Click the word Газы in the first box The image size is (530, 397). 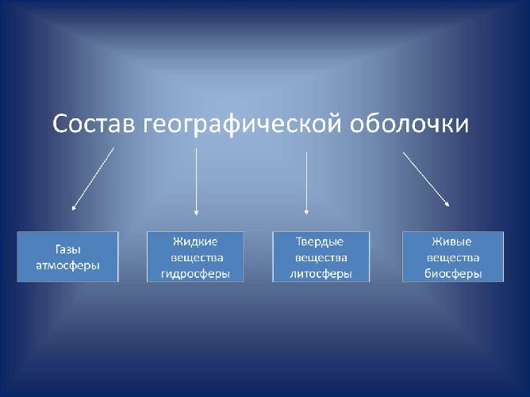[x=67, y=249]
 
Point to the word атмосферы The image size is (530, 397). [x=67, y=265]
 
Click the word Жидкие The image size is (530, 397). [x=195, y=241]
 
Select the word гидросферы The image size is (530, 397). [x=196, y=274]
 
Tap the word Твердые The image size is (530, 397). [x=321, y=241]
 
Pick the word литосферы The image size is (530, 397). [x=321, y=274]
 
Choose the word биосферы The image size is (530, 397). [x=453, y=274]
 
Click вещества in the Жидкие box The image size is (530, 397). [x=197, y=257]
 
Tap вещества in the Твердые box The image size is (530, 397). [x=321, y=257]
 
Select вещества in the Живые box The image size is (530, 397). [x=453, y=257]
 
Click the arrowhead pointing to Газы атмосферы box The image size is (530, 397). [x=74, y=208]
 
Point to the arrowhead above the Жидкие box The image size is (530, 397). [x=196, y=212]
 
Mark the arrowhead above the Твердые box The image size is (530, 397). [x=306, y=212]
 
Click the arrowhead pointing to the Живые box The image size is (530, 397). [x=447, y=204]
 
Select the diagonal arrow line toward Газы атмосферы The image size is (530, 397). [x=94, y=178]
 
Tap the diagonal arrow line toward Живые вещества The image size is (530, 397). [x=425, y=179]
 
